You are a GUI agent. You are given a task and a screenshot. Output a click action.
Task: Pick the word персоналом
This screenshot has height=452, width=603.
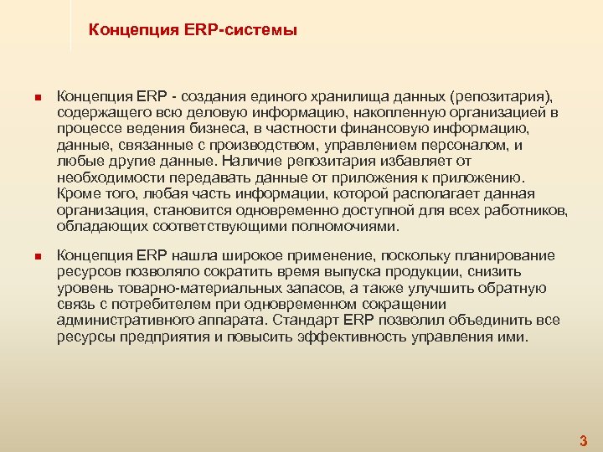pyautogui.click(x=475, y=144)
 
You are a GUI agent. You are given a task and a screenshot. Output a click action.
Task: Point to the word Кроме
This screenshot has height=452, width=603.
pyautogui.click(x=77, y=193)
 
